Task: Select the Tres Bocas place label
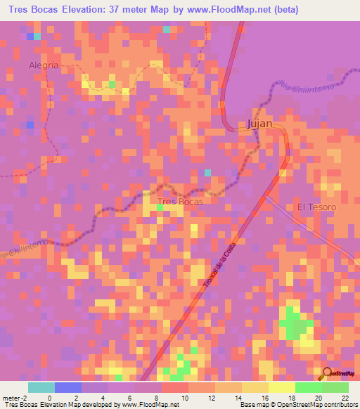pyautogui.click(x=181, y=202)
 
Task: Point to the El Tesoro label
pyautogui.click(x=316, y=207)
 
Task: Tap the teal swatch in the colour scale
pyautogui.click(x=41, y=387)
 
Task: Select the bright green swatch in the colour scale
pyautogui.click(x=309, y=387)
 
